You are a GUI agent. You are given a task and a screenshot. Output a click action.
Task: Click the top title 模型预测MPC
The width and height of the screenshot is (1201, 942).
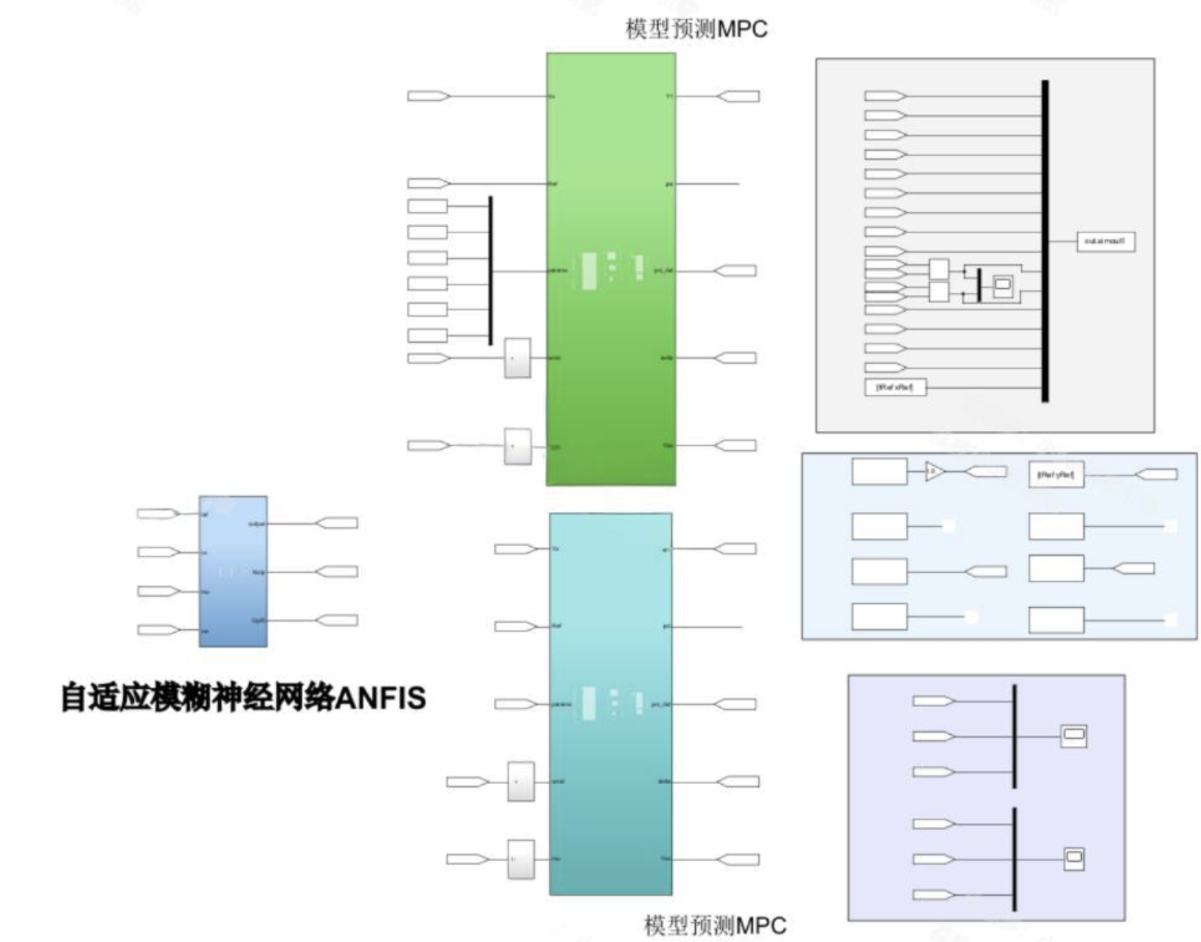(696, 29)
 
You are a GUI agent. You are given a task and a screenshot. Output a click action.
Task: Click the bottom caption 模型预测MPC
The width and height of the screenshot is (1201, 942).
(715, 925)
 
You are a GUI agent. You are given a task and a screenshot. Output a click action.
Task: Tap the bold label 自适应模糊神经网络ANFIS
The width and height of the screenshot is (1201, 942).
(244, 698)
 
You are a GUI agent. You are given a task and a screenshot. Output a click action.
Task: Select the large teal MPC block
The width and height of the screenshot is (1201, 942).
(611, 794)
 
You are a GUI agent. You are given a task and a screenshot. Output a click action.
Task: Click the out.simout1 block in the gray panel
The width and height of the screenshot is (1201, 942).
(1105, 241)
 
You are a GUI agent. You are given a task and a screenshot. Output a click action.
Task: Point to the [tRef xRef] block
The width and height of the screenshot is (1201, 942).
(894, 387)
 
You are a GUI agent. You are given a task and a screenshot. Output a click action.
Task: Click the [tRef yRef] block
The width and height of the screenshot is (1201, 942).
(1055, 475)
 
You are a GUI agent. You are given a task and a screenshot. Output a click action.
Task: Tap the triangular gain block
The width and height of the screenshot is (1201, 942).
(934, 471)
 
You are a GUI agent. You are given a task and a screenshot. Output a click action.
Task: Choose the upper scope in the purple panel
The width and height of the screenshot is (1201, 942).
(1073, 736)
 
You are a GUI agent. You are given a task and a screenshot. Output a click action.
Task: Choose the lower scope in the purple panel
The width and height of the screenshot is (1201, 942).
(1073, 858)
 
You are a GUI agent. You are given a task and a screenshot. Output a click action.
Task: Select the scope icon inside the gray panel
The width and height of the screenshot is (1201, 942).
(1003, 284)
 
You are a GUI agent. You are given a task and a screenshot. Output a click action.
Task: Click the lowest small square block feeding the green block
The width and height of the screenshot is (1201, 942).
(518, 446)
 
